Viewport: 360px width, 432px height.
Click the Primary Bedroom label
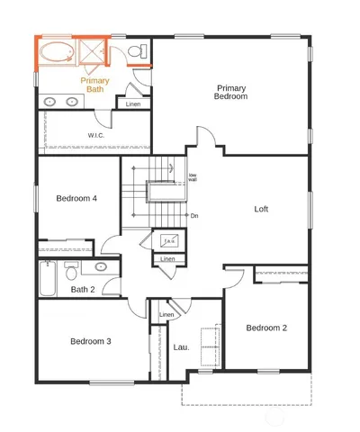(x=231, y=92)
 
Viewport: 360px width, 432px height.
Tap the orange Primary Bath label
(x=94, y=85)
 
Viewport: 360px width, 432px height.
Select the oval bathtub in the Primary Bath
(x=58, y=51)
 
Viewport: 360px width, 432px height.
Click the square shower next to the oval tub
(x=92, y=51)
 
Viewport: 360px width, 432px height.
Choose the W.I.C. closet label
(x=97, y=136)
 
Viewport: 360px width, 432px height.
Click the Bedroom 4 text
(x=76, y=198)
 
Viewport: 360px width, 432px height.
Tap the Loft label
(x=261, y=209)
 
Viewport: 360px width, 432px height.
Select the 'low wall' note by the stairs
(x=193, y=177)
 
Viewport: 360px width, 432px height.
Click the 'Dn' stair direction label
(x=194, y=216)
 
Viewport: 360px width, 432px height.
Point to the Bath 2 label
(x=83, y=289)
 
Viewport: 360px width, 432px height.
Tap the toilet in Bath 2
(x=74, y=267)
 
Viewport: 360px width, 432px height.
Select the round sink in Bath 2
(x=101, y=267)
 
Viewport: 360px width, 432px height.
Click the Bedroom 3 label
(x=91, y=341)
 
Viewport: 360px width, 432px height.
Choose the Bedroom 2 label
(x=266, y=328)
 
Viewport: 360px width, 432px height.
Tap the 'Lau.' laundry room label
(x=180, y=346)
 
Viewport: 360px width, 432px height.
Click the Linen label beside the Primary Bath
(x=133, y=104)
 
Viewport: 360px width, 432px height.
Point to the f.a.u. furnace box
(x=167, y=241)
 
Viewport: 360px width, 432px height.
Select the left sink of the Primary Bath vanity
(x=49, y=102)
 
